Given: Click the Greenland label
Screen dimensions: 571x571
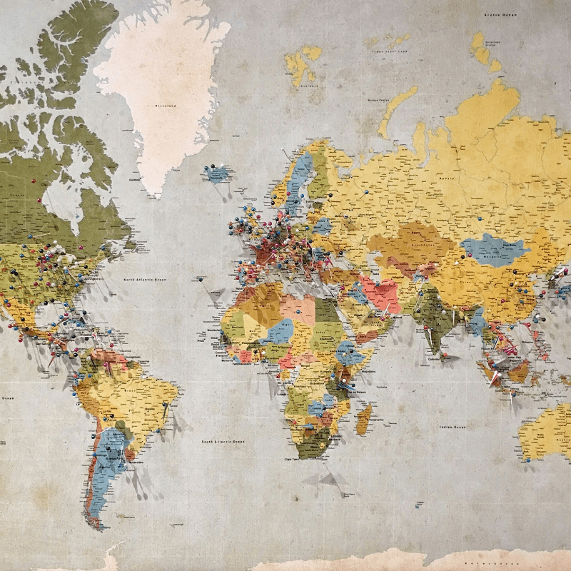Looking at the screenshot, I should pos(165,106).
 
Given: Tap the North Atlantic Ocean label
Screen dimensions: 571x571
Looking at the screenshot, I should pos(146,279).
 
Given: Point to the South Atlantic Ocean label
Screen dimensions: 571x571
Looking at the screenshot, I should pos(223,442).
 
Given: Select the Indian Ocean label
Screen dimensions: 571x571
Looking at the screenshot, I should pos(452,427).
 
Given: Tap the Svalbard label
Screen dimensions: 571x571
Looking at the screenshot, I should pos(308,86).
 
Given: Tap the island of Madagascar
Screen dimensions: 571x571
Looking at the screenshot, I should pos(364,418).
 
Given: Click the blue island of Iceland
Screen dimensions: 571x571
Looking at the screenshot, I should pos(217,173).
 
